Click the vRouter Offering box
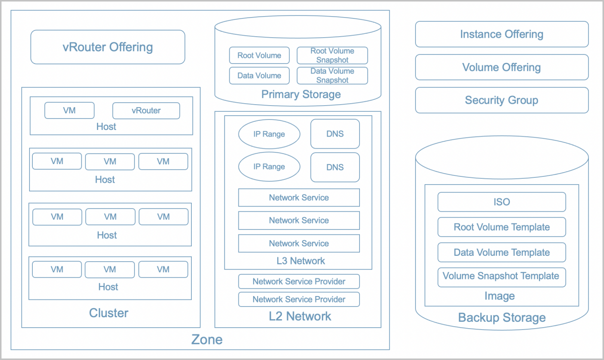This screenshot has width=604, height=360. point(108,47)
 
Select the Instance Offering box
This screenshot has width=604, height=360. point(501,34)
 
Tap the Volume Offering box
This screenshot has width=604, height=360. point(501,67)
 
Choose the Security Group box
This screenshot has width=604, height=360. point(501,100)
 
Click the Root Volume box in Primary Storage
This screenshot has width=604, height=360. point(259,55)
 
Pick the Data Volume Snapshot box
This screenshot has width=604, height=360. point(332,76)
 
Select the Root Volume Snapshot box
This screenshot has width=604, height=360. point(332,55)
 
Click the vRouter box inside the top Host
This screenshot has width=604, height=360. point(146,111)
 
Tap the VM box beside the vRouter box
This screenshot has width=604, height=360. point(69,110)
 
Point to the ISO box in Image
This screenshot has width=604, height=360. point(501,202)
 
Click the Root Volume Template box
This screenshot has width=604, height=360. point(501,227)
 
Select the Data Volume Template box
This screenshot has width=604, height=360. point(501,252)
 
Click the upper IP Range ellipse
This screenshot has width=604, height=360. point(269,134)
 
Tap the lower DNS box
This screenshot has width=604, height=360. point(335,167)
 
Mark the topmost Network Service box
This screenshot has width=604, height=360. point(299,197)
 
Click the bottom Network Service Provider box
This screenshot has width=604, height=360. point(299,299)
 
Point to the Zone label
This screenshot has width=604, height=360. point(207,339)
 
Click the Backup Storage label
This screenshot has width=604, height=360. point(501,318)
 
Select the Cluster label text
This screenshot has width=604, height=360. point(109,313)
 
